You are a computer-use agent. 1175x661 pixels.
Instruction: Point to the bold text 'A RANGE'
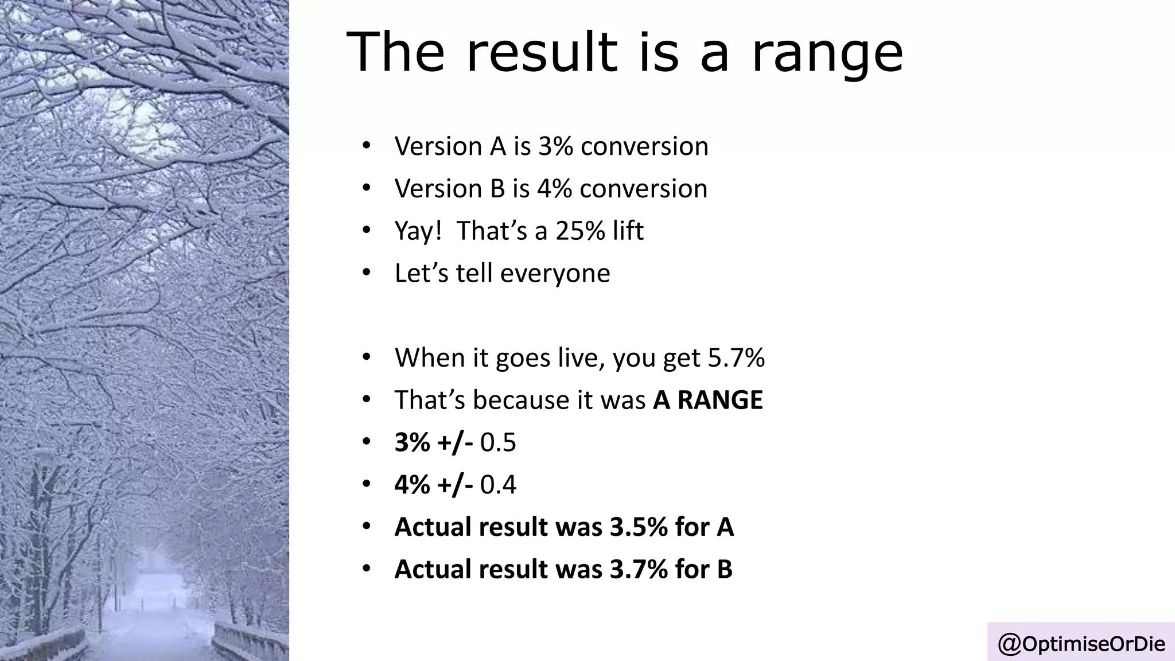click(708, 400)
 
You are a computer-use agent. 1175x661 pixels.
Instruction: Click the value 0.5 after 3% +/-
click(498, 442)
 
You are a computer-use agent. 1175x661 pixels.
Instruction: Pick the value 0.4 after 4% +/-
click(498, 485)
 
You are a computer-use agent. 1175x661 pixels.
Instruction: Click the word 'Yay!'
click(418, 231)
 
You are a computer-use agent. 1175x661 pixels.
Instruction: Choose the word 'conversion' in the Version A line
click(644, 146)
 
